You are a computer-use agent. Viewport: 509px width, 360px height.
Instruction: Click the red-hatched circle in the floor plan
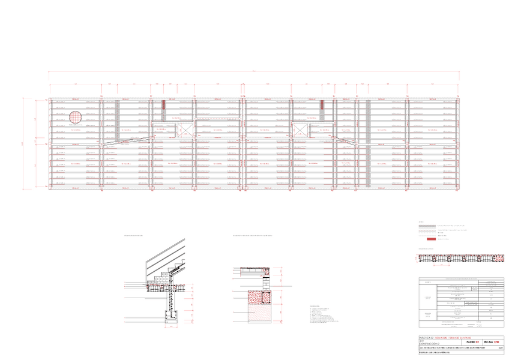[x=75, y=118]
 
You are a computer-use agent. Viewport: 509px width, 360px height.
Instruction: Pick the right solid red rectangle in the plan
[x=322, y=104]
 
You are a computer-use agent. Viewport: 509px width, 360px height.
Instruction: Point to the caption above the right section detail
[x=256, y=236]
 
